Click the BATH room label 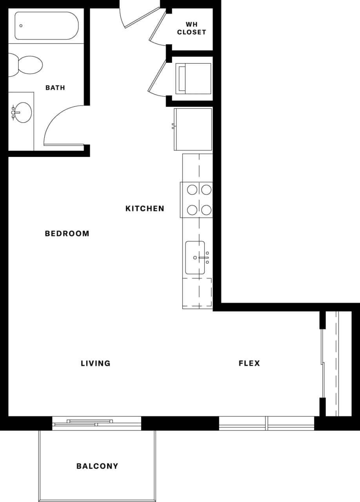tap(55, 88)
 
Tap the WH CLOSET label tap(191, 28)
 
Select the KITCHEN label tap(145, 208)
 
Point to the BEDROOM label tap(67, 234)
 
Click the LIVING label tap(96, 363)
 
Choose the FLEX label tap(249, 363)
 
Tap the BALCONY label tap(97, 466)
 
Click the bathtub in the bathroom tap(46, 26)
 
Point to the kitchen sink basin tap(195, 257)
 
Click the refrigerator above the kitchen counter tap(193, 129)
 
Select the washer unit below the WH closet tap(193, 78)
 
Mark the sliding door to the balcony tap(96, 423)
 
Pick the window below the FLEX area tap(267, 423)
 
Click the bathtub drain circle tap(21, 26)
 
